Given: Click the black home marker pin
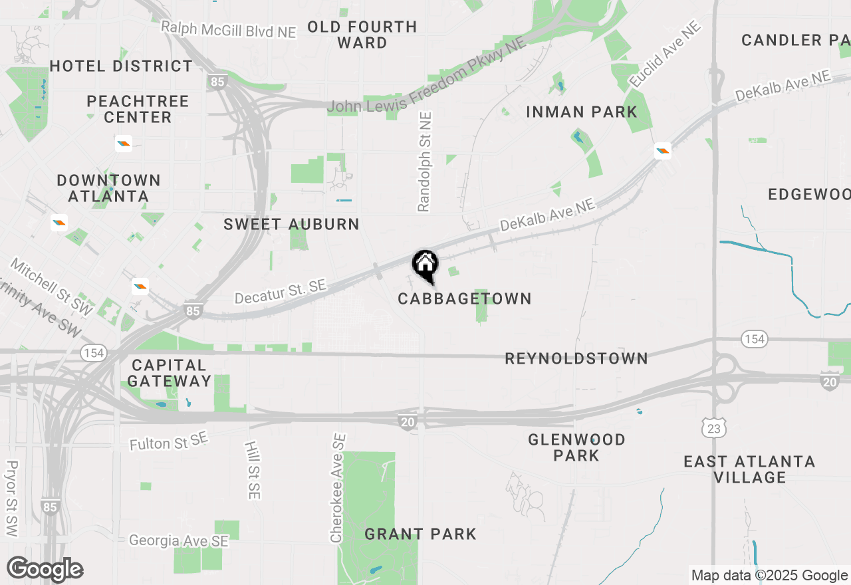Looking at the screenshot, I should point(425,265).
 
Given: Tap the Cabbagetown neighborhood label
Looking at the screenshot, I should point(465,299).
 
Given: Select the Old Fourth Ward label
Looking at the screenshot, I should point(362,35).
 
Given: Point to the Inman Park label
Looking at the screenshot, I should point(582,112).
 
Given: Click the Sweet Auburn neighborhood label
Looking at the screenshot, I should point(291,225).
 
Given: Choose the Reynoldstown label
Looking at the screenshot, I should point(576,359).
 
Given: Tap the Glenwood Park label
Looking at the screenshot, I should point(576,447).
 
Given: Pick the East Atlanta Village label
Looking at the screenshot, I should point(749,469).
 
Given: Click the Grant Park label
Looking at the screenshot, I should point(420,534).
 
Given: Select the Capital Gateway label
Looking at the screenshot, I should point(170,373).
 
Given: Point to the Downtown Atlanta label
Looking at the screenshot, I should point(109,188).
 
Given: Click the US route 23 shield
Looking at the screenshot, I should point(713,429).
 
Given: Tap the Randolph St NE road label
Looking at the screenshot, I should point(425,162).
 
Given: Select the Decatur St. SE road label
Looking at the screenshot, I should point(280,292).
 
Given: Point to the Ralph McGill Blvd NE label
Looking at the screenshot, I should point(229,29).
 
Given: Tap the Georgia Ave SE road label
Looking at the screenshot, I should point(179,540).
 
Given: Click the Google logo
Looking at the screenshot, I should point(45,569).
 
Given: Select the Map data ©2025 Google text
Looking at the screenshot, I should point(769,576).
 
